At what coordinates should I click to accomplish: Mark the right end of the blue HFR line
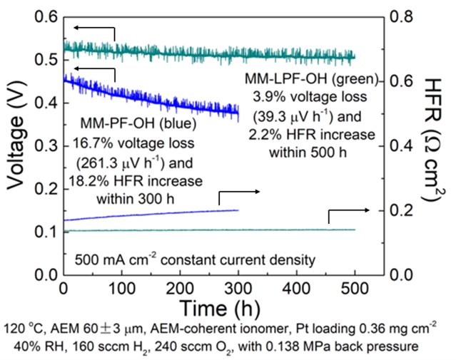coord(238,210)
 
